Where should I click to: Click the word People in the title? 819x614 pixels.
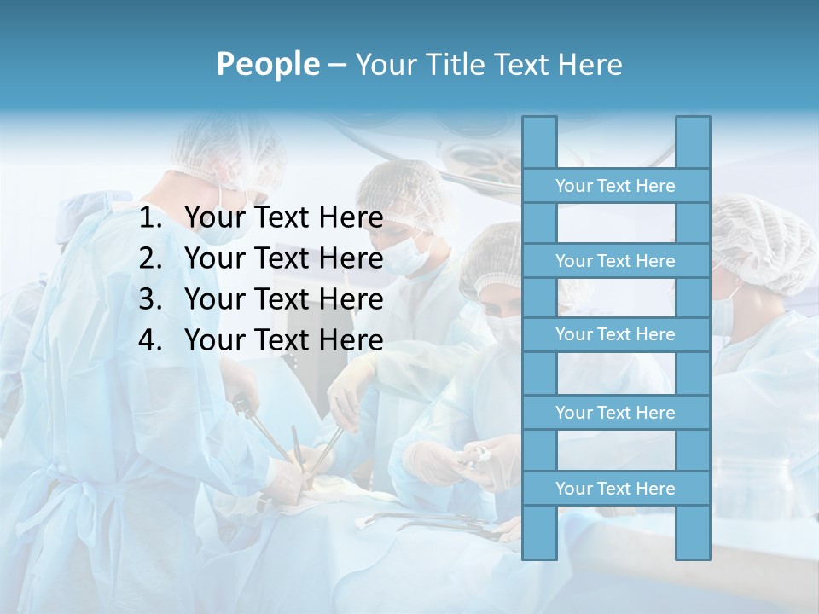pos(267,64)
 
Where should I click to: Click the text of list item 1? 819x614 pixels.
pos(283,218)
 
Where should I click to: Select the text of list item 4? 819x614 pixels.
pos(283,340)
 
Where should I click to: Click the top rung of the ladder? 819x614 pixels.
pos(615,185)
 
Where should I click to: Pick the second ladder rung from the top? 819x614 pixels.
pos(615,260)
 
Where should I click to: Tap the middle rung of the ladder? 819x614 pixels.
pos(615,334)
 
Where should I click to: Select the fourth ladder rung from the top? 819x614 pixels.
pos(615,412)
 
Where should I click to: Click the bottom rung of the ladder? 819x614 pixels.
pos(615,488)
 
